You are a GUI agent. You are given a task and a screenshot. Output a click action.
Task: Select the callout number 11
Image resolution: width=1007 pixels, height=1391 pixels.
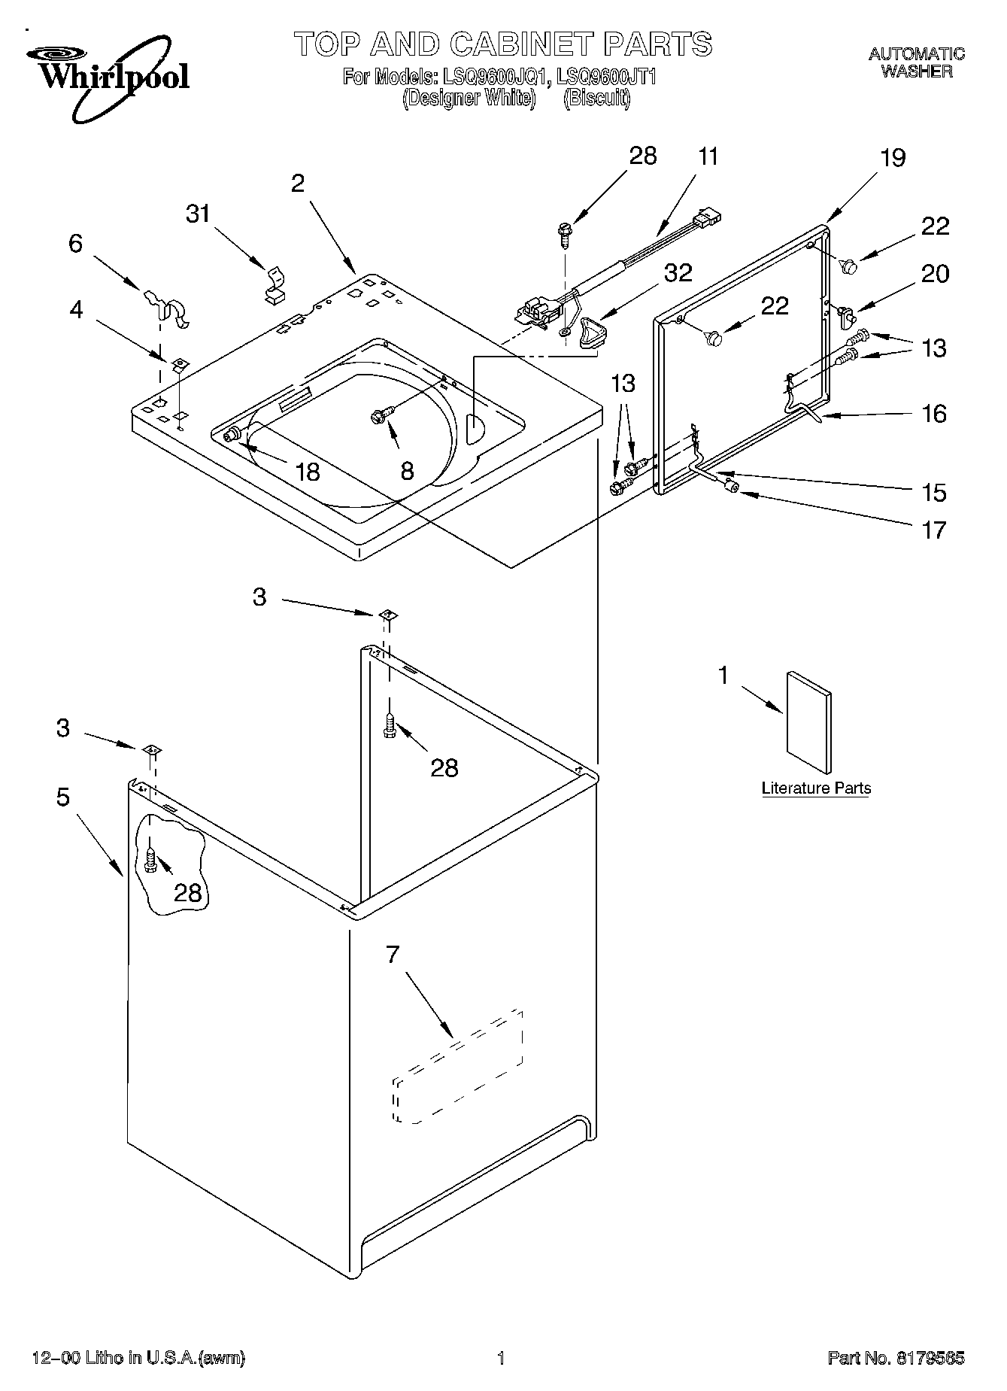(708, 156)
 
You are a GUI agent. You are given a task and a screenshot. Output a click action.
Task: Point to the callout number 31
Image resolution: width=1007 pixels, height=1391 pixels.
(199, 214)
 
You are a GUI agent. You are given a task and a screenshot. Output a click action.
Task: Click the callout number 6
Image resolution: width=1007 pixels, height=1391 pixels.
(75, 244)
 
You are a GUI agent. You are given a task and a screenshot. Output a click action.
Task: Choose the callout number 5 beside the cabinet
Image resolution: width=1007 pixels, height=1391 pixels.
(63, 796)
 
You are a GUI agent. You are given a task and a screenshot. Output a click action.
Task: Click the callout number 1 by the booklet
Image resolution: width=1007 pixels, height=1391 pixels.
(723, 676)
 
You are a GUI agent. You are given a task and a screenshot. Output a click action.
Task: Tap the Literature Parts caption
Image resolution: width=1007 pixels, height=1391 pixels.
(816, 788)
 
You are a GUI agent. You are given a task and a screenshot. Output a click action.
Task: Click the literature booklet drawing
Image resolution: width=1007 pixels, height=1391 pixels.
(809, 722)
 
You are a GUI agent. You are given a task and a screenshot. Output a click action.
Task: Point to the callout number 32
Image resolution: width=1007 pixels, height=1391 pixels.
(678, 272)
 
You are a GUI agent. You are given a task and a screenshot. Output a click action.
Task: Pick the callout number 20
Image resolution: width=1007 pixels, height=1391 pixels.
(935, 274)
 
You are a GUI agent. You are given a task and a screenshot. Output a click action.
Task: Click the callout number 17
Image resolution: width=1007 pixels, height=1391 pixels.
(934, 530)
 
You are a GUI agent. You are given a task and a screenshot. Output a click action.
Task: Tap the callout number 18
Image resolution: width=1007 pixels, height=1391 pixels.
(308, 472)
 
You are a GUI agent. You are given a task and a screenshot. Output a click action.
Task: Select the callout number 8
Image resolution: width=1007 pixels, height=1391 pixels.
(406, 472)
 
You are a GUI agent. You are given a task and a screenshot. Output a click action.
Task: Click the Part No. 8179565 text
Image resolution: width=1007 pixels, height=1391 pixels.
(896, 1359)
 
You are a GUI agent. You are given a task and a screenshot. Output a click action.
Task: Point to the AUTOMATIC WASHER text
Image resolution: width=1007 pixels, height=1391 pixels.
(917, 62)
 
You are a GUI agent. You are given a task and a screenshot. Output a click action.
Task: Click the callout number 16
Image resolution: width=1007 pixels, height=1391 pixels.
(934, 414)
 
